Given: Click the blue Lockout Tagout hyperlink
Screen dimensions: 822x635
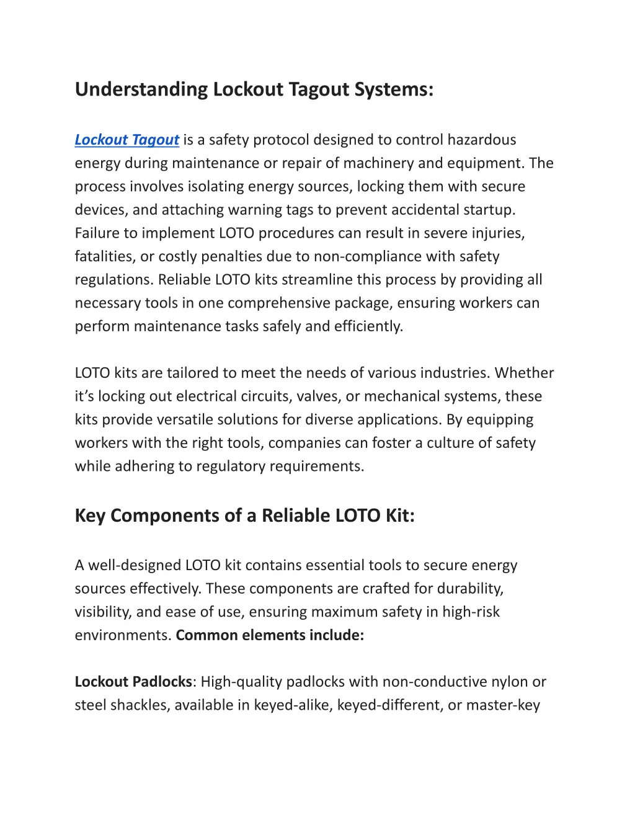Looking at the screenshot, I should click(x=127, y=140).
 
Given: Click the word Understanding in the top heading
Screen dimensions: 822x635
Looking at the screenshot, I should click(x=141, y=89).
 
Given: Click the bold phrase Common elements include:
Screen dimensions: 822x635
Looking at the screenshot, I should click(x=270, y=635).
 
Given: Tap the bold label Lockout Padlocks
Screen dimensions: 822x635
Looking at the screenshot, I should click(x=133, y=682).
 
